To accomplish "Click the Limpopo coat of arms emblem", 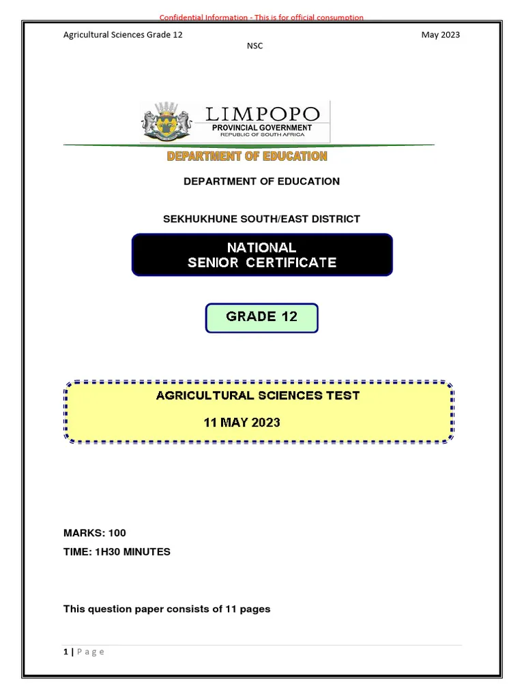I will (165, 122).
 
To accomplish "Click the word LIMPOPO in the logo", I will (263, 113).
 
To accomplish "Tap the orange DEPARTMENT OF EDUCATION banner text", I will (247, 156).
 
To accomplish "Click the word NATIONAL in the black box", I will (262, 247).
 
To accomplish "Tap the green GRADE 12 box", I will (262, 317).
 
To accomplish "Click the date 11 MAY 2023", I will (242, 423).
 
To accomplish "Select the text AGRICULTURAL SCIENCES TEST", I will (258, 395).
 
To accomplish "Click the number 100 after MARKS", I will (117, 533).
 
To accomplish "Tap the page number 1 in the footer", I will (65, 652).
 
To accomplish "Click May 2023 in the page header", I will (441, 35).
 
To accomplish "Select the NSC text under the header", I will (254, 46).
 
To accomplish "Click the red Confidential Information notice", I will (261, 17).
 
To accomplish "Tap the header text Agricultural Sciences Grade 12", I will (123, 35).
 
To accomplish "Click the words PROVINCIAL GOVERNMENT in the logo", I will (262, 127).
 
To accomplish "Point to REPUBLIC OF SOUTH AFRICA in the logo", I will (262, 135).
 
